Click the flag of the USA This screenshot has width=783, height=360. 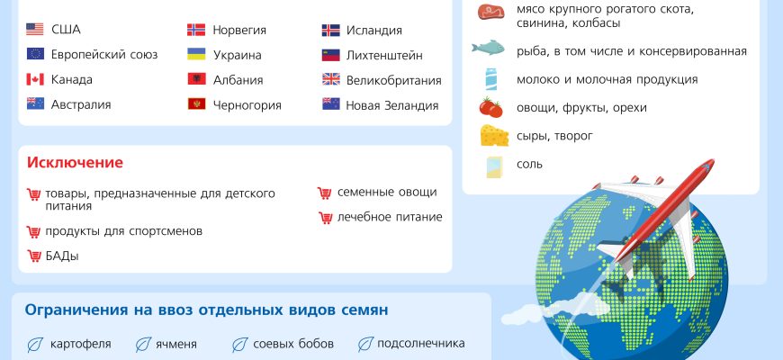pos(35,30)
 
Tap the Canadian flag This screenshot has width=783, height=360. pos(35,79)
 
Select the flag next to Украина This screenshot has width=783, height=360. pos(196,54)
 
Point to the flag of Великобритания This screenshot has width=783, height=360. pos(330,79)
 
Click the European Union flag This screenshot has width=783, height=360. pos(35,54)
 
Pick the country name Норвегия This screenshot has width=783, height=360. pos(239,30)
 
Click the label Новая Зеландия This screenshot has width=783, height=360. pos(392,105)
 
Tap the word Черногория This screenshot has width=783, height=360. pos(247,105)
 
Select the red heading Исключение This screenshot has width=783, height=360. pos(75,163)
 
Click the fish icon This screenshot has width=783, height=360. pos(488,49)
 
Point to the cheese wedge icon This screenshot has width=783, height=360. pos(494,135)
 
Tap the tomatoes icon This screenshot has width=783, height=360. pos(490,107)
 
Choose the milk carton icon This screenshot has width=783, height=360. pos(490,79)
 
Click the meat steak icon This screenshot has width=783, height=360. pos(490,11)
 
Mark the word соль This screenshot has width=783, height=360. pos(529,165)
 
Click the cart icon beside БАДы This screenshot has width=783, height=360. pos(34,256)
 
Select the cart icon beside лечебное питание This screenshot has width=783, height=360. pos(326,217)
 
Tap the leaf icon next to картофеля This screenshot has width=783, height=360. pos(35,345)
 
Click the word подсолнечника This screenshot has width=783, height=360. pos(421,344)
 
